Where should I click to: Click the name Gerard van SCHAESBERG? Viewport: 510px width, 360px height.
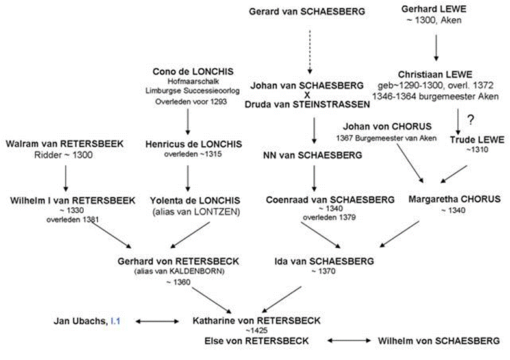point(307,12)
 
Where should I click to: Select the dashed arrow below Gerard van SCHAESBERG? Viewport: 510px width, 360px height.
point(310,52)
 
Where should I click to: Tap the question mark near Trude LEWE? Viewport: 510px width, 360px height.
point(470,120)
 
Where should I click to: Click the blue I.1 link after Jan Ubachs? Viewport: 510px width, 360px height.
point(116,321)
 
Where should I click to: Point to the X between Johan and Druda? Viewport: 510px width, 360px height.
point(307,96)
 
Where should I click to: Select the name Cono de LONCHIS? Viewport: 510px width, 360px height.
point(193,71)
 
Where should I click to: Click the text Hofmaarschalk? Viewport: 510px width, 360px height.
point(193,81)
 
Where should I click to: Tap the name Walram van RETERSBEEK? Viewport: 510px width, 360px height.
point(65,144)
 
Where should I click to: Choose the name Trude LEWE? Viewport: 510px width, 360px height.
point(477,140)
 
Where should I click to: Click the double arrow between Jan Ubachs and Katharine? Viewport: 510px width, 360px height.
point(157,322)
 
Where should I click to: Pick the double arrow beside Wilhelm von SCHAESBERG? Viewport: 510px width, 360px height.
point(349,341)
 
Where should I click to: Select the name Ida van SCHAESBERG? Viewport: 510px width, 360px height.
point(324,261)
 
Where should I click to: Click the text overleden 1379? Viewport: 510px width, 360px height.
point(329,217)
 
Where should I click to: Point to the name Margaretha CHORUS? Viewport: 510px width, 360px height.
point(454,199)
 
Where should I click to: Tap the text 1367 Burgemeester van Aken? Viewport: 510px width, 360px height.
point(387,138)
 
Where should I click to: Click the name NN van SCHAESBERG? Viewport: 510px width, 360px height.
point(312,155)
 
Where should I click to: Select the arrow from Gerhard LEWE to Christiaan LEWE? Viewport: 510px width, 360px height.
point(436,48)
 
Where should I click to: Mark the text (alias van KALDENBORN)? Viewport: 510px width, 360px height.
point(179,271)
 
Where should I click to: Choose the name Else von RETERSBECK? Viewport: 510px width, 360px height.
point(257,341)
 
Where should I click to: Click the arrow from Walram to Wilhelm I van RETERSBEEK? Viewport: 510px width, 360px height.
point(66,178)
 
